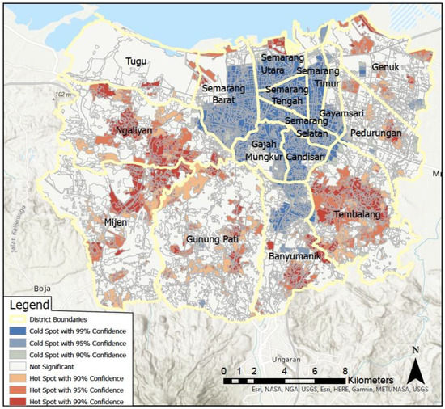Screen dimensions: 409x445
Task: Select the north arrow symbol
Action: pos(415,369)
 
